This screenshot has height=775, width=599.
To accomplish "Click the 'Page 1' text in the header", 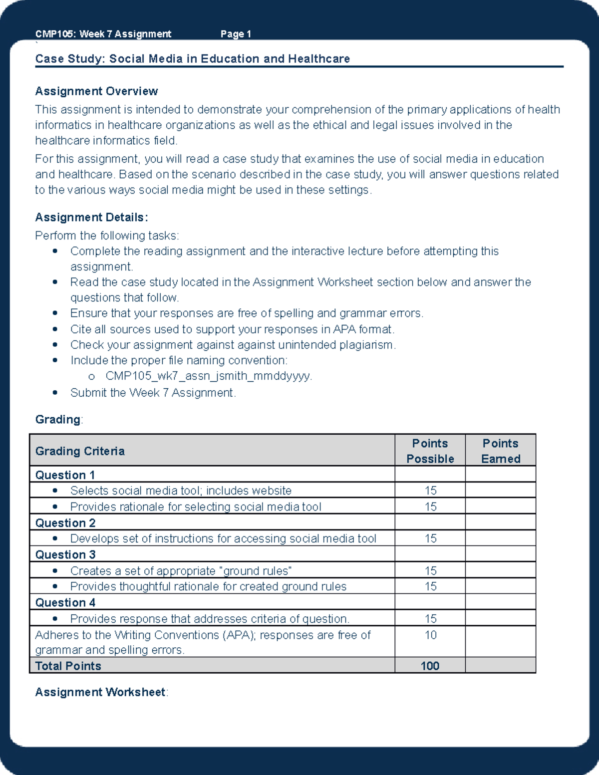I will tap(236, 34).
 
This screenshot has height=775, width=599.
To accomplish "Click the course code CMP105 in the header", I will tap(55, 34).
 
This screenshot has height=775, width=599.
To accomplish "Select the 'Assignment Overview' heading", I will tap(96, 91).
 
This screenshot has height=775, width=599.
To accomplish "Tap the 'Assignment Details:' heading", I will tap(91, 218).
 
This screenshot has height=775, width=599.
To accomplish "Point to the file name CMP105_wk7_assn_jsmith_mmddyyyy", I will tap(208, 376).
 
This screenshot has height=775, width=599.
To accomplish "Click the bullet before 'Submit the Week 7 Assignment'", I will tap(55, 393).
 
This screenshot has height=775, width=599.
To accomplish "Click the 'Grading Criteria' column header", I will tap(80, 451).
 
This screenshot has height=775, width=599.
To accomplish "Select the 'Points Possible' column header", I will tap(430, 451).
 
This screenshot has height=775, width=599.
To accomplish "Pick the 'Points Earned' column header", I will tap(500, 451).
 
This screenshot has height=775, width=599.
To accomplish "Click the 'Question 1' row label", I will tap(65, 475).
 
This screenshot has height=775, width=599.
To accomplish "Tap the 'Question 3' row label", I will tap(65, 555).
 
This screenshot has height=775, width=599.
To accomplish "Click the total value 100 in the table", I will tap(430, 666).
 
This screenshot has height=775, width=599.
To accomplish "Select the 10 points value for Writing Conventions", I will tap(430, 635).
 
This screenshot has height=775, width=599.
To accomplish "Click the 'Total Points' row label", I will tap(68, 666).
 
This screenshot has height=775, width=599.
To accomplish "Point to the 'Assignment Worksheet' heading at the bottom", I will tap(100, 693).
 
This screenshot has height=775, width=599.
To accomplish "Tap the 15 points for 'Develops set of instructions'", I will tap(430, 539).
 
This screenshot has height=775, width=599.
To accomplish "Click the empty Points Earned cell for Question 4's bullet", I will tap(500, 619).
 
